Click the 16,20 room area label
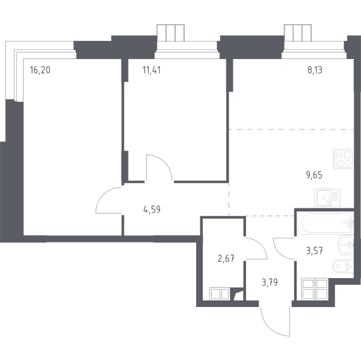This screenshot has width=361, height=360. click(x=40, y=70)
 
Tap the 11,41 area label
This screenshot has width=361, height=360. click(x=152, y=70)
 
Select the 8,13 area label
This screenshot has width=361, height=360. click(x=315, y=70)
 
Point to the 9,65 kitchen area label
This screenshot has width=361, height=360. click(x=314, y=175)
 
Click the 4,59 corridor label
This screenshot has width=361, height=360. click(x=152, y=209)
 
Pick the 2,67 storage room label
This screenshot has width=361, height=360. click(x=226, y=258)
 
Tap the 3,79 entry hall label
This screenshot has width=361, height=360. click(x=270, y=282)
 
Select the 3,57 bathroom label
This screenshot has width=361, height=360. click(x=315, y=250)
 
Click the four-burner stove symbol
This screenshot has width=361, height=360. click(x=344, y=159)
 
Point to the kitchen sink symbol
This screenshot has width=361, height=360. click(x=328, y=198)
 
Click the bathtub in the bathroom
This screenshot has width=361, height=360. click(x=326, y=223)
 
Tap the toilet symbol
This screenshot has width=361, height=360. click(x=343, y=267)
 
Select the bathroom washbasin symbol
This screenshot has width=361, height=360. click(x=345, y=245)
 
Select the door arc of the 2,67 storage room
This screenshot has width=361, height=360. click(x=261, y=244)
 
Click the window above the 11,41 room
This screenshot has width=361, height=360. click(x=171, y=33)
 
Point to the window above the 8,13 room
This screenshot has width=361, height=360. click(x=298, y=33)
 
